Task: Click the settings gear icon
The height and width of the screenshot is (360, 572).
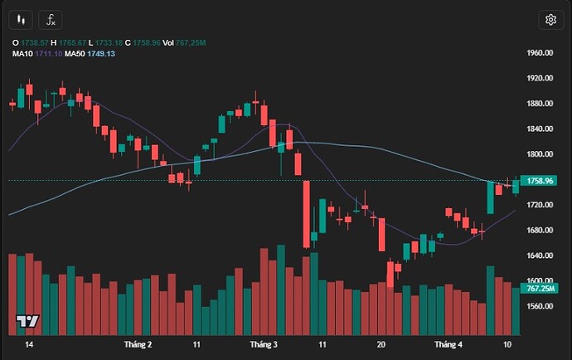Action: (x=550, y=20)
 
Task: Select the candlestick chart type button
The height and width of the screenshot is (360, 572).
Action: (x=22, y=20)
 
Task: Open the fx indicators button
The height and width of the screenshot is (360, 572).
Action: (x=51, y=20)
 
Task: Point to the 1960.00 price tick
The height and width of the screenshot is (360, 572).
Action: (x=540, y=53)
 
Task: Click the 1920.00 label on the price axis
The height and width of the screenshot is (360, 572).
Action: (x=540, y=78)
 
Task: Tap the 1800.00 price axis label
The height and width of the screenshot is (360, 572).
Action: (x=540, y=154)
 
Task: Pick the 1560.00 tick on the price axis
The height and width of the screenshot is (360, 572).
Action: (x=540, y=306)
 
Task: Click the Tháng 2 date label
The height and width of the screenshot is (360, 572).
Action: (x=138, y=343)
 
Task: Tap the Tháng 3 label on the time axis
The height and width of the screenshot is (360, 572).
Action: (x=263, y=343)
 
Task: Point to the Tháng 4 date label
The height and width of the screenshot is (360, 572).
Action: (x=448, y=343)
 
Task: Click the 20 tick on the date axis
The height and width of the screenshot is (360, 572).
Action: (x=381, y=343)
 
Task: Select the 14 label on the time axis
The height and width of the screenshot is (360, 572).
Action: (x=30, y=343)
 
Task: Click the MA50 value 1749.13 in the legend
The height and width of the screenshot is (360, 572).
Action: (x=100, y=54)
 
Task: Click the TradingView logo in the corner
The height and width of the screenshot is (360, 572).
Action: (x=27, y=321)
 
